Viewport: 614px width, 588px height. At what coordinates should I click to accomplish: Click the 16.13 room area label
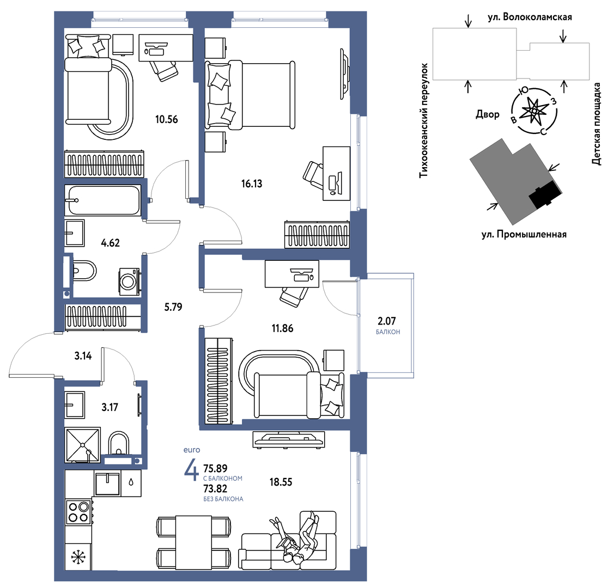coord(252,183)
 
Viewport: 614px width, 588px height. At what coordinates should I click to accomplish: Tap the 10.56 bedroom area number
coord(166,119)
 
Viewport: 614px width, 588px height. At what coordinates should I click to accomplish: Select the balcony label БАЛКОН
coord(388,332)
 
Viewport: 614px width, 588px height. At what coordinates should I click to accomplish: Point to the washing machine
coord(129,281)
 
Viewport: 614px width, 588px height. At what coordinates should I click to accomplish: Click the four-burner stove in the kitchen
coord(78,512)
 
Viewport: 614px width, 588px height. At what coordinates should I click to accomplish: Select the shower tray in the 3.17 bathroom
coord(83,445)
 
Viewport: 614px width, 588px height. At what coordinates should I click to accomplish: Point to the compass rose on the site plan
coord(534,111)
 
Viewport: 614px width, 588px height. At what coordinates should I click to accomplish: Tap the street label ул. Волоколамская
coord(530,17)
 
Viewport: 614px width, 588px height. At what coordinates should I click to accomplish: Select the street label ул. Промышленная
coord(524,234)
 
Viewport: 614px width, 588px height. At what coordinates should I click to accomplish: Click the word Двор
coord(488,114)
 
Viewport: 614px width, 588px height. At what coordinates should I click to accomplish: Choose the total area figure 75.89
coord(215,468)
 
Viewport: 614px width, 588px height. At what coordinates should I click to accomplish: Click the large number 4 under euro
coord(191,469)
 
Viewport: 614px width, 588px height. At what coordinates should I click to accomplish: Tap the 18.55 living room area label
coord(281,482)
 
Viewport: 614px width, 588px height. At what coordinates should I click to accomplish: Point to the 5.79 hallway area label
coord(173,307)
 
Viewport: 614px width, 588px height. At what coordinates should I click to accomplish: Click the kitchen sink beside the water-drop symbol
coord(107,483)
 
